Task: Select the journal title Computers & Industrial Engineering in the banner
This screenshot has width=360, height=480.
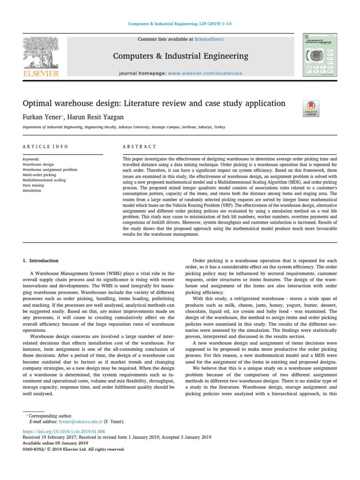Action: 180,56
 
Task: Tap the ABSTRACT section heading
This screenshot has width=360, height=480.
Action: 139,147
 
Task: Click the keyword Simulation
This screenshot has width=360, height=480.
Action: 32,191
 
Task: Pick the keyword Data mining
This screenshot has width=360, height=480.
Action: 34,186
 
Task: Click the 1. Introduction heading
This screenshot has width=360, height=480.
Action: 41,261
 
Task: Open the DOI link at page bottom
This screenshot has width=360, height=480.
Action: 64,431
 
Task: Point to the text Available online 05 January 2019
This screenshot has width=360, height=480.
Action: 56,443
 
